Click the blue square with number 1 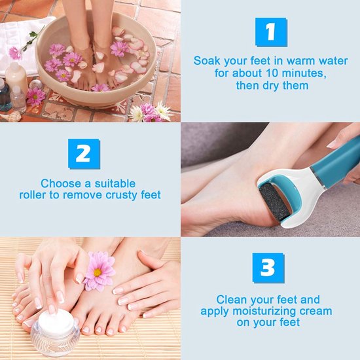tap(270, 32)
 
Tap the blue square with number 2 tap(84, 154)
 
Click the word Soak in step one tap(207, 61)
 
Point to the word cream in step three tap(317, 311)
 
